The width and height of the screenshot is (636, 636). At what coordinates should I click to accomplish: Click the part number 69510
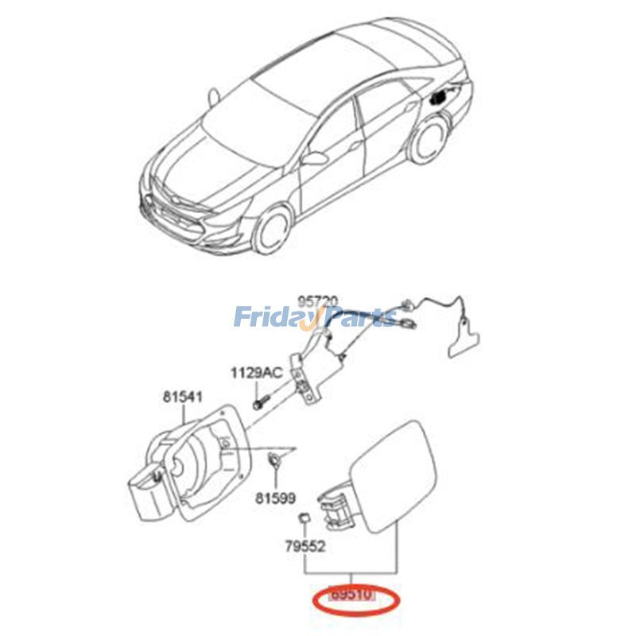pos(351,594)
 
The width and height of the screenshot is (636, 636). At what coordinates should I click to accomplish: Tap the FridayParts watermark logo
pos(315,318)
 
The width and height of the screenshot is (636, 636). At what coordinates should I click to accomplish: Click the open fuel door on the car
pos(439,96)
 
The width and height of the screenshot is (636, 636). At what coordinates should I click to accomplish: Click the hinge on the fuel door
pos(335,508)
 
